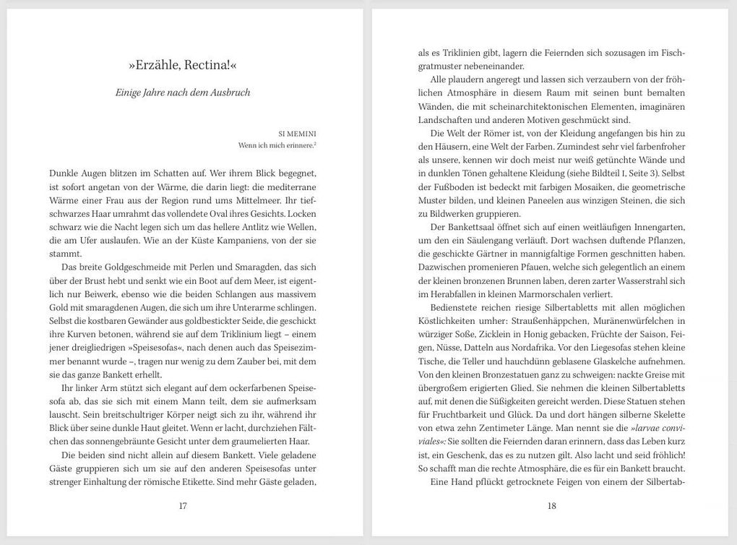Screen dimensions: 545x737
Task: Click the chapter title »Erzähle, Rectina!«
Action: pos(183,65)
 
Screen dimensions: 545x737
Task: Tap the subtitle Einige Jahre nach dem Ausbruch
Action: pos(183,93)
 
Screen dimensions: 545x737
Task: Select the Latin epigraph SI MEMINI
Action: pos(297,134)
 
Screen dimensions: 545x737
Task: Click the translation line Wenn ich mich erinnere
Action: pos(277,145)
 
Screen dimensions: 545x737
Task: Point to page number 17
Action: pos(183,506)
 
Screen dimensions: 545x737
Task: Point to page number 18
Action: pos(551,506)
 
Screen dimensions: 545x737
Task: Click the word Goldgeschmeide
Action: pos(126,267)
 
